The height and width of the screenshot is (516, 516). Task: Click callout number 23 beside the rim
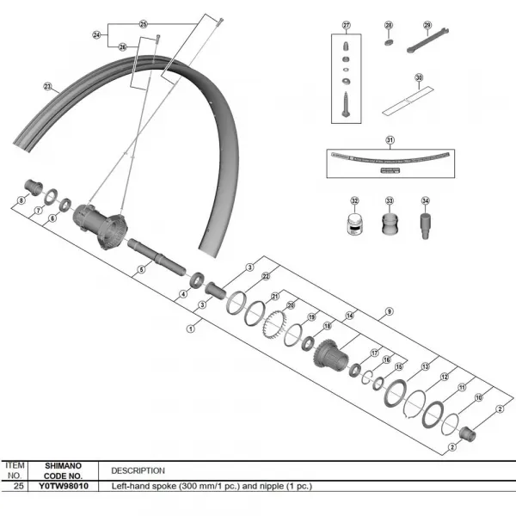(x=47, y=86)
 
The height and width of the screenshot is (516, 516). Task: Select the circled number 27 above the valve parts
(x=347, y=26)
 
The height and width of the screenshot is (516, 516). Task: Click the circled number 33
(x=389, y=201)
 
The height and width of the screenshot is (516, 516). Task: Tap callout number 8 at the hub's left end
(x=21, y=200)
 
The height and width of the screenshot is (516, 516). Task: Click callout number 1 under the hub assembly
(x=190, y=327)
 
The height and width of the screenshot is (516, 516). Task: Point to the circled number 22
(x=267, y=277)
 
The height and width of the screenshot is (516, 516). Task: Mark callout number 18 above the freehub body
(x=327, y=326)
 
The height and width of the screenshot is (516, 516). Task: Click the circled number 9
(x=390, y=310)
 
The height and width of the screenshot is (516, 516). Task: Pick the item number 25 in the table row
(x=18, y=486)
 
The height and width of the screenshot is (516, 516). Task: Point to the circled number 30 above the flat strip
(x=419, y=77)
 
